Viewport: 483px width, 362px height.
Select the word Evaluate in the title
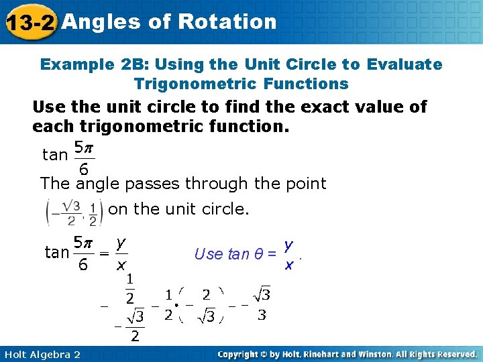click(405, 65)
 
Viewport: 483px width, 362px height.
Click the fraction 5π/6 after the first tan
click(84, 156)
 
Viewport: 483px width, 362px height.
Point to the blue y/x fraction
click(288, 255)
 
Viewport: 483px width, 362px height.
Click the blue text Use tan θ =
click(235, 254)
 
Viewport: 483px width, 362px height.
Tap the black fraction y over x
click(121, 253)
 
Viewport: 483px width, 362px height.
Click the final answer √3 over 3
click(262, 305)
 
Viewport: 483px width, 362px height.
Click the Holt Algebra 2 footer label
click(41, 354)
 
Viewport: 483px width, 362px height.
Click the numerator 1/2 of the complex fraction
click(129, 288)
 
